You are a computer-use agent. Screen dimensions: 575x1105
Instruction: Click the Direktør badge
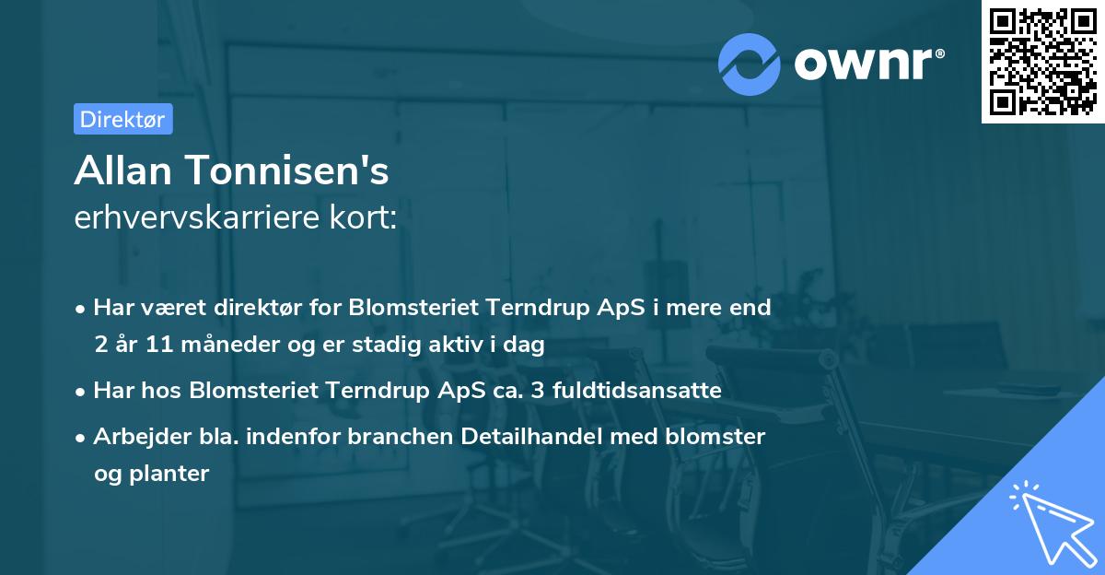tap(122, 119)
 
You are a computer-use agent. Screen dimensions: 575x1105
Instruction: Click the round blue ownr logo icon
tap(750, 64)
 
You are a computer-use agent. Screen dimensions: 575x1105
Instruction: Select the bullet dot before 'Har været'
tap(82, 309)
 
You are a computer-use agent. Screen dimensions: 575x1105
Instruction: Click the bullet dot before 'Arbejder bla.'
tap(82, 438)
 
